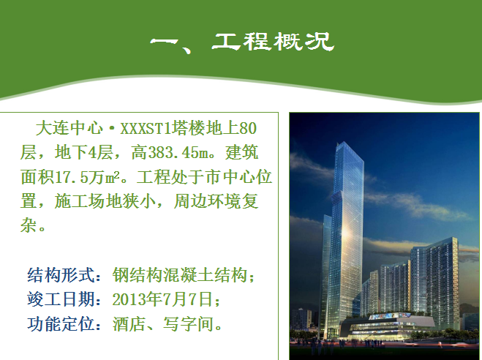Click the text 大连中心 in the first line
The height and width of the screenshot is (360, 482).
tap(69, 128)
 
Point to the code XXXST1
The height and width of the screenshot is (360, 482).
tap(146, 129)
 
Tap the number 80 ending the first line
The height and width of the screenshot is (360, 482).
tap(248, 129)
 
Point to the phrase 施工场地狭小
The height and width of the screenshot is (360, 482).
tap(105, 202)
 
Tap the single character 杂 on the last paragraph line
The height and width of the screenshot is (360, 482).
tap(29, 226)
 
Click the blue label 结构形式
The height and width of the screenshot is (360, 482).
tap(60, 275)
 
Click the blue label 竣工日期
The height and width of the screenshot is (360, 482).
tap(60, 299)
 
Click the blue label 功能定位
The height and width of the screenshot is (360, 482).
tap(60, 323)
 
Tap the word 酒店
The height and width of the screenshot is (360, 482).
tap(129, 323)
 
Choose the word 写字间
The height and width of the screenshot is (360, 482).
tap(188, 323)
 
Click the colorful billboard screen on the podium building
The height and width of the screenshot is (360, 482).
tap(389, 316)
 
